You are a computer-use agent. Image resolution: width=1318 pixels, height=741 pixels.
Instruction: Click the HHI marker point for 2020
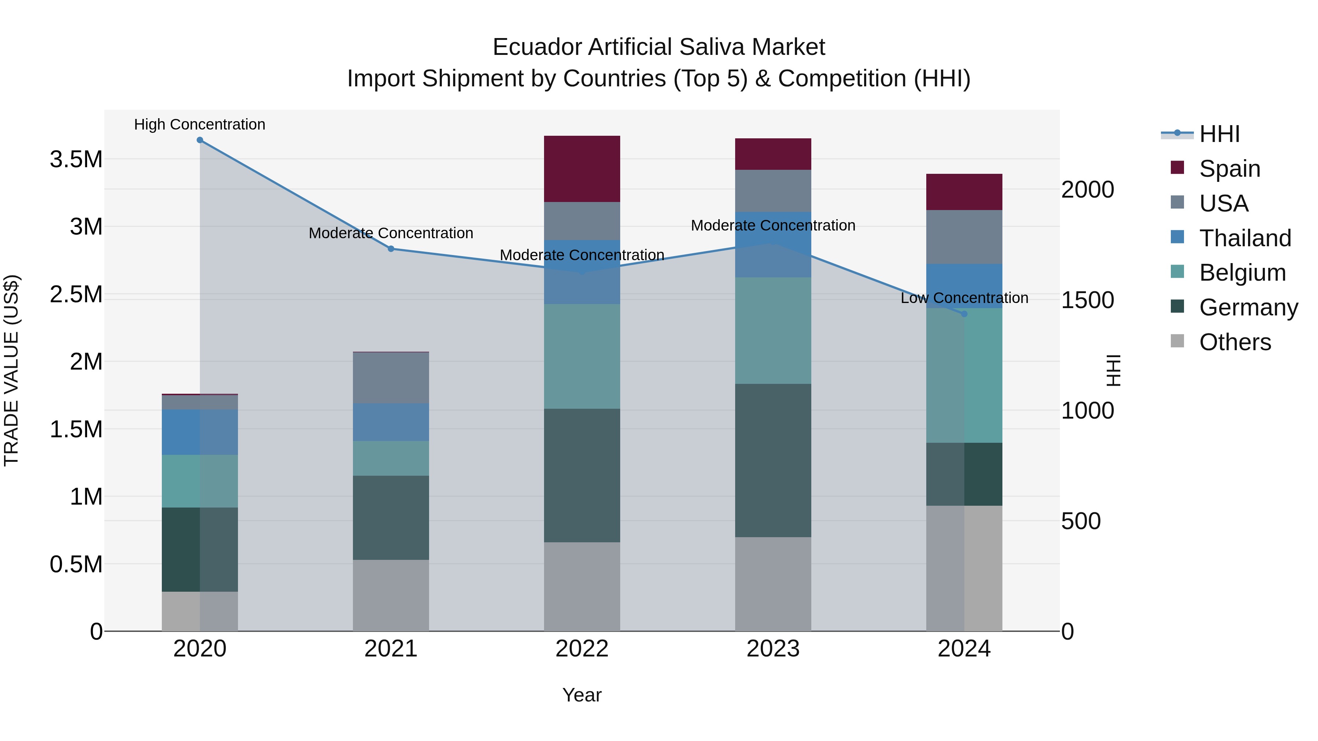click(x=200, y=140)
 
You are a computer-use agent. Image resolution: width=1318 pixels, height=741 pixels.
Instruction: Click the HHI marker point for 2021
click(x=391, y=249)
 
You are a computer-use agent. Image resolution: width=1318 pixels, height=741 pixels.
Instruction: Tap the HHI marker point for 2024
click(x=964, y=314)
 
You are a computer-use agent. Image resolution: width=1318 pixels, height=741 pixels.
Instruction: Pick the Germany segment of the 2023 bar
click(x=773, y=460)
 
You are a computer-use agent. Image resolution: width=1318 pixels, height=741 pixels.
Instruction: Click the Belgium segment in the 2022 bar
click(x=582, y=356)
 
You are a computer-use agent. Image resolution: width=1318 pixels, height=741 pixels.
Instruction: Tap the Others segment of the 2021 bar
click(x=391, y=595)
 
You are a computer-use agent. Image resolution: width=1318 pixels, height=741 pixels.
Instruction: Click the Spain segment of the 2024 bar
click(x=964, y=192)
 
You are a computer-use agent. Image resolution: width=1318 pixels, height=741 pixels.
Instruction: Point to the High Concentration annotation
click(x=200, y=125)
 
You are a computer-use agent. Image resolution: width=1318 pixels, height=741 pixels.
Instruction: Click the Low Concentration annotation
click(x=964, y=298)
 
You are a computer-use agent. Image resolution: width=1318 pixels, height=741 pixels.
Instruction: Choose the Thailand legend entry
click(x=1245, y=238)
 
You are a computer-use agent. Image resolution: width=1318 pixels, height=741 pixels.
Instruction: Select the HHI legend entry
click(x=1219, y=134)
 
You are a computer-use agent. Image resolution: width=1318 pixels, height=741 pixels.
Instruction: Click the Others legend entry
click(x=1235, y=342)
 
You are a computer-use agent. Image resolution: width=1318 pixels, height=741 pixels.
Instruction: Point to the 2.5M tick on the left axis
click(x=76, y=295)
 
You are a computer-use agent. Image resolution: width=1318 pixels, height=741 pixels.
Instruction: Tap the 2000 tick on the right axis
click(x=1087, y=190)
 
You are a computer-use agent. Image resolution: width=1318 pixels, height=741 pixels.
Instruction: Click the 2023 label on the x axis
click(x=773, y=649)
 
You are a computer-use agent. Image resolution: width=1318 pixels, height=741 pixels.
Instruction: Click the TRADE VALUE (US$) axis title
click(x=11, y=370)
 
